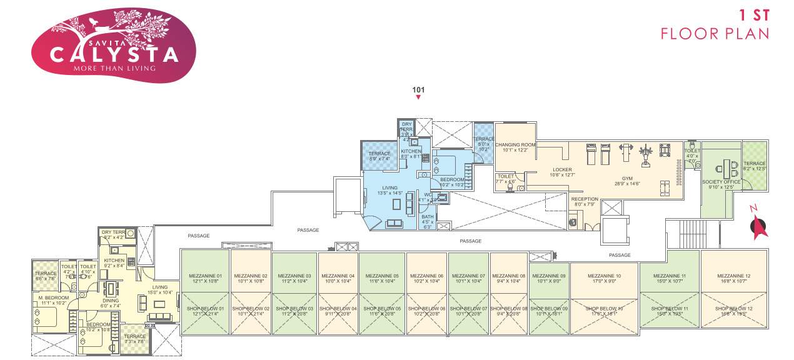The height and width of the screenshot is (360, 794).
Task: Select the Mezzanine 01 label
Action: click(206, 276)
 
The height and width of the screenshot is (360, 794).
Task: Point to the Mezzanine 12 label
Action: click(733, 276)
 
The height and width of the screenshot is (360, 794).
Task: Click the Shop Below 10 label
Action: click(604, 309)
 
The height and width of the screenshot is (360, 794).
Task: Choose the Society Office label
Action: click(723, 182)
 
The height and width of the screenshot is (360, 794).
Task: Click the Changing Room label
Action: click(516, 145)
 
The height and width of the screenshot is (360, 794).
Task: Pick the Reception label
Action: click(585, 199)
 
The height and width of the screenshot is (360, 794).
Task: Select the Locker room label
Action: click(562, 169)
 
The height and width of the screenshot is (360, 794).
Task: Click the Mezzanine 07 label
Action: click(468, 276)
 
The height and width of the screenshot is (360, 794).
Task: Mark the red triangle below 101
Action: click(418, 97)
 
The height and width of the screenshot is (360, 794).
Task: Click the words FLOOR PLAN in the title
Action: click(715, 33)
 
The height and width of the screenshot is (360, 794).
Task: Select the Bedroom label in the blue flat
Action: click(452, 179)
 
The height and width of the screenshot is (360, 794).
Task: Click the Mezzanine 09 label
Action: click(549, 276)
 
